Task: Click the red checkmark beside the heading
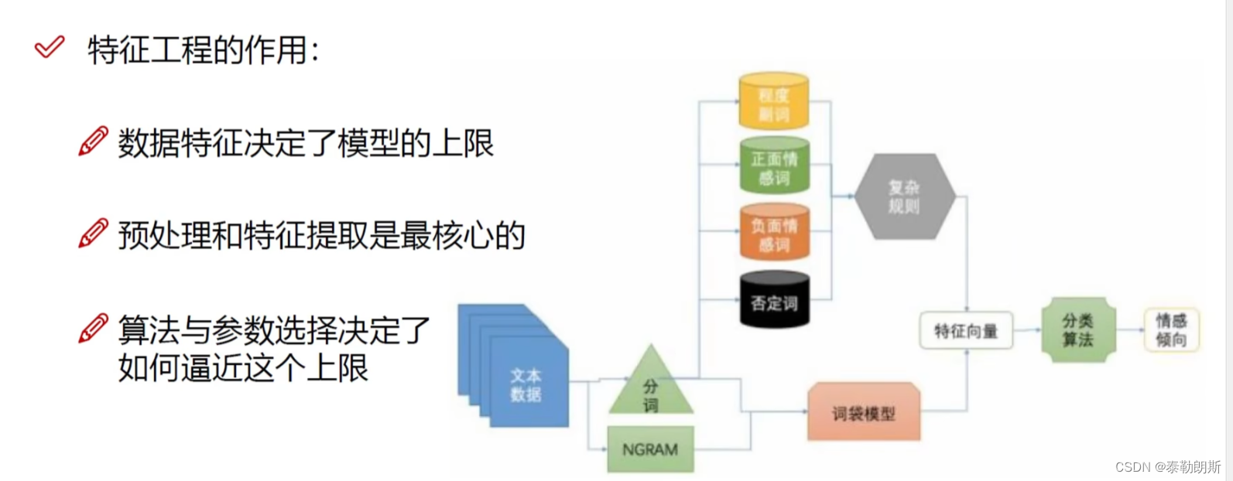[50, 48]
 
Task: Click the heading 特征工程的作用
[203, 50]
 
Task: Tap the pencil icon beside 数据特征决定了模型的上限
[94, 142]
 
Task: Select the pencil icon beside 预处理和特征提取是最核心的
[94, 234]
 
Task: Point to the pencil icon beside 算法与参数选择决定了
[94, 329]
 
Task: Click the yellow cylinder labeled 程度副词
[773, 101]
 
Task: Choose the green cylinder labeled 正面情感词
[774, 166]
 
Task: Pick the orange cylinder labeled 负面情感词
[774, 234]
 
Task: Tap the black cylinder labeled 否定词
[774, 301]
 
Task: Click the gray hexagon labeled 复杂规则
[904, 196]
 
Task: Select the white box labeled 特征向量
[966, 331]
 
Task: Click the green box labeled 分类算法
[1077, 330]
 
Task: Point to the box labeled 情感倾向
[1171, 330]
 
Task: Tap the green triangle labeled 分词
[651, 387]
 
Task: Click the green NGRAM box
[650, 449]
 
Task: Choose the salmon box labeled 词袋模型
[864, 413]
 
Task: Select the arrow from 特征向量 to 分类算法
[1027, 330]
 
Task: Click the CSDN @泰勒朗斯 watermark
[1168, 467]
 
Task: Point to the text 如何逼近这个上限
[243, 368]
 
